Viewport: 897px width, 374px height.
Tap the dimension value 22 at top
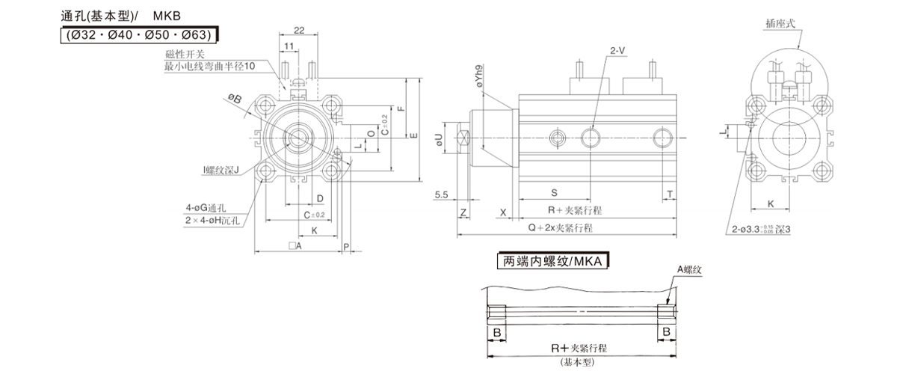coord(298,30)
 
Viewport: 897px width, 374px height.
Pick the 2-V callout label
coord(617,51)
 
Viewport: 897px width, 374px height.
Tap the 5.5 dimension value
coord(441,195)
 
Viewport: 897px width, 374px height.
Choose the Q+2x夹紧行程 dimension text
coord(561,227)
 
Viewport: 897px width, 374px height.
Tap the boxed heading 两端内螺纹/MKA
coord(553,262)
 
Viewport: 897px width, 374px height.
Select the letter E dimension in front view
coord(413,135)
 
